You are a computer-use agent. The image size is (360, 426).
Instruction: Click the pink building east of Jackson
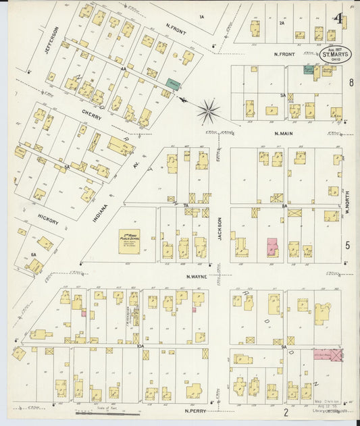pos(272,247)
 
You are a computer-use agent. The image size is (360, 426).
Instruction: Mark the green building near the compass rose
pos(174,84)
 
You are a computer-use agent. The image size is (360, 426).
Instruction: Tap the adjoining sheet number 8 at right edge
pos(351,82)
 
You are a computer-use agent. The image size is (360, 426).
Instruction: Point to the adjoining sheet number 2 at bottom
pos(286,412)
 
